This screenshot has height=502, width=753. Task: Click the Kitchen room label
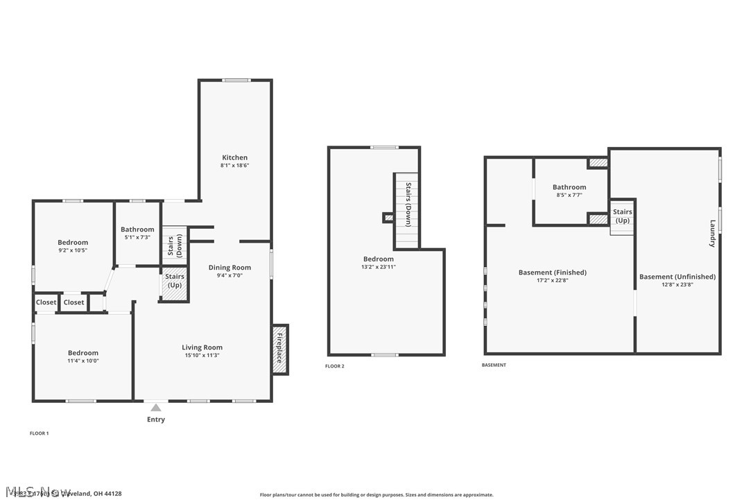(x=234, y=157)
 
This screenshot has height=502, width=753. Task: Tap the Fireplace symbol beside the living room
(x=280, y=349)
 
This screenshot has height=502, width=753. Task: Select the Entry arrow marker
(x=156, y=408)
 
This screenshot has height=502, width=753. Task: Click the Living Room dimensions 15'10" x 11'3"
(x=202, y=356)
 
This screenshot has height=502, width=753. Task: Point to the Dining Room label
(x=230, y=268)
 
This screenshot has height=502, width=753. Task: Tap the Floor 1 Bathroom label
(x=137, y=230)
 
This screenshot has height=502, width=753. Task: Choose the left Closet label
(x=46, y=302)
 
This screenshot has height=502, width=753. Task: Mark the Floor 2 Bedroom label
(x=379, y=259)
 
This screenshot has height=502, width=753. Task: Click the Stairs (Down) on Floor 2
(x=408, y=205)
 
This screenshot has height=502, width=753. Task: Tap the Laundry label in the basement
(x=712, y=234)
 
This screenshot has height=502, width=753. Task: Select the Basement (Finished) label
(x=552, y=272)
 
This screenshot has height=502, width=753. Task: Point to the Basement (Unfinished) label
(x=677, y=277)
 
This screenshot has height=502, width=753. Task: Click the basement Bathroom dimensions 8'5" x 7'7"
(x=569, y=196)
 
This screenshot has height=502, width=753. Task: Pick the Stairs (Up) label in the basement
(x=622, y=216)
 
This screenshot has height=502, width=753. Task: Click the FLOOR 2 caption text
(x=334, y=366)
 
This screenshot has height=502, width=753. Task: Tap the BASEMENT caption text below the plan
(x=494, y=365)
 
